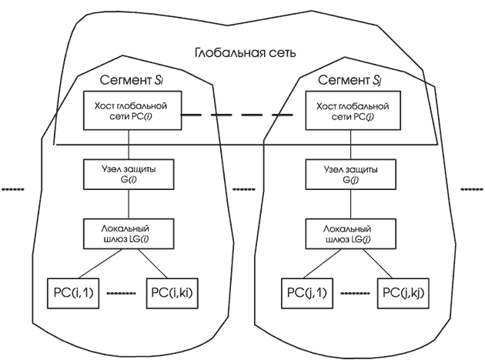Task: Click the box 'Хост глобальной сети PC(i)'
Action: [x=130, y=112]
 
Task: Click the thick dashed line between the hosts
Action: [x=236, y=115]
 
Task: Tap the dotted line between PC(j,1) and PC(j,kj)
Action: [x=350, y=293]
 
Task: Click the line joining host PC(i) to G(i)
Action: [x=130, y=145]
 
